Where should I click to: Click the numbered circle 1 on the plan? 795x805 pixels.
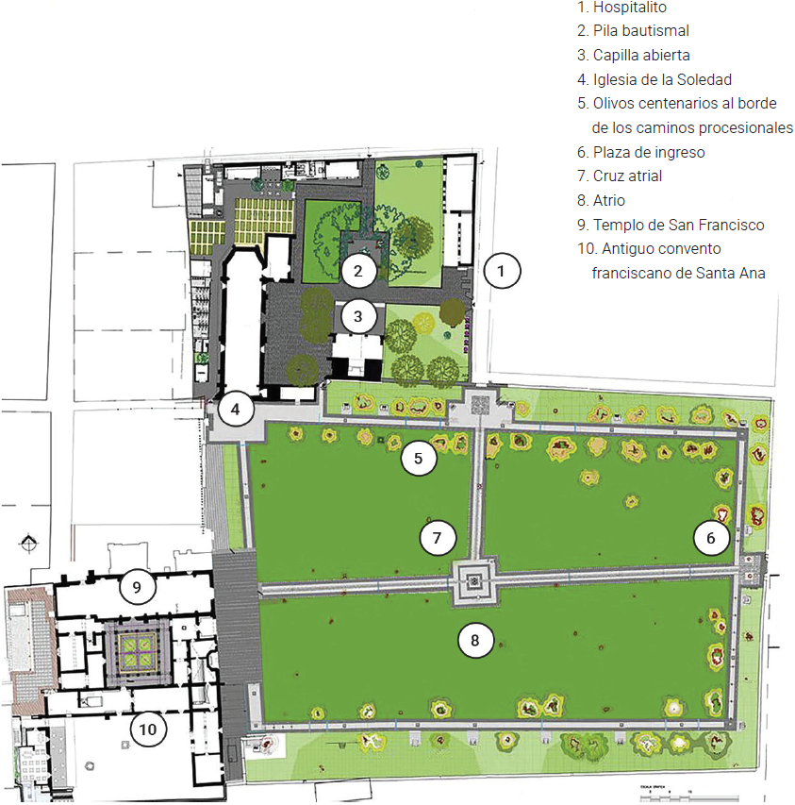502,271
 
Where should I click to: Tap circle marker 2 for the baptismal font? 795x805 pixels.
358,271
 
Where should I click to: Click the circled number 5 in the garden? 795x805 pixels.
419,459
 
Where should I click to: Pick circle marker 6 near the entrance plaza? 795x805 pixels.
711,538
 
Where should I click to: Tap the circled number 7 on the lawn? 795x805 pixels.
437,538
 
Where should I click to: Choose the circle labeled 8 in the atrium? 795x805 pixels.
475,641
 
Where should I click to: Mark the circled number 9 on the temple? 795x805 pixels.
137,587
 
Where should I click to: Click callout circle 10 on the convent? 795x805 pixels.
148,729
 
